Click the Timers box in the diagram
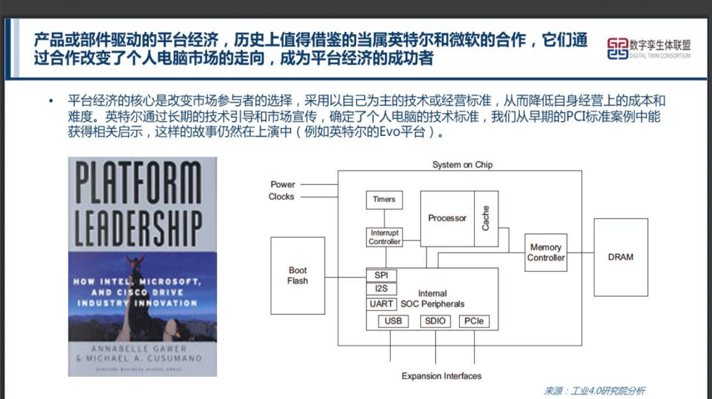(384, 199)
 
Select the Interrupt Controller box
(384, 238)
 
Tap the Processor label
(447, 218)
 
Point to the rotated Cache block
(486, 218)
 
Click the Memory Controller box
(546, 252)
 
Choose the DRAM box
(620, 257)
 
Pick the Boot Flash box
(298, 275)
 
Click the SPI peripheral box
(381, 275)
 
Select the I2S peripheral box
(381, 289)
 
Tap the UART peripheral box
(382, 304)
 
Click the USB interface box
(393, 321)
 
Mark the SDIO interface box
(435, 321)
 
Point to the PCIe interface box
(473, 321)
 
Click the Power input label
(283, 184)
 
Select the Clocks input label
(281, 197)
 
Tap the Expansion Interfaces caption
(441, 376)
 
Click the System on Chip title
(462, 165)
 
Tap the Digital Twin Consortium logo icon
(617, 48)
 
